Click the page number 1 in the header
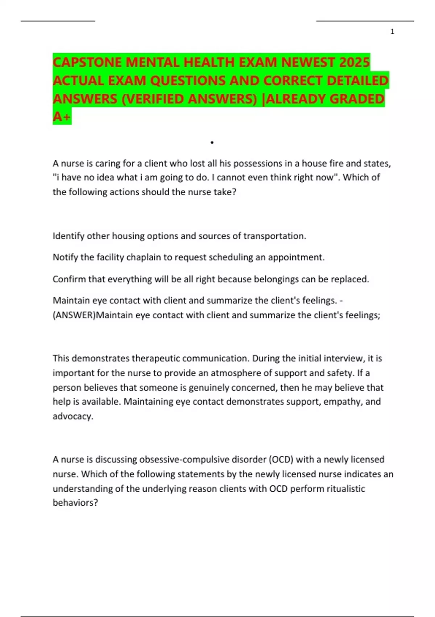tap(392, 32)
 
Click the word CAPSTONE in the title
tap(87, 62)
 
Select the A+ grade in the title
tap(62, 117)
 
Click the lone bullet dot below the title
tap(212, 143)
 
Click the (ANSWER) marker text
tap(74, 315)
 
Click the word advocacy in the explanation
tap(72, 416)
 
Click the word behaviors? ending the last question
tap(75, 503)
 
